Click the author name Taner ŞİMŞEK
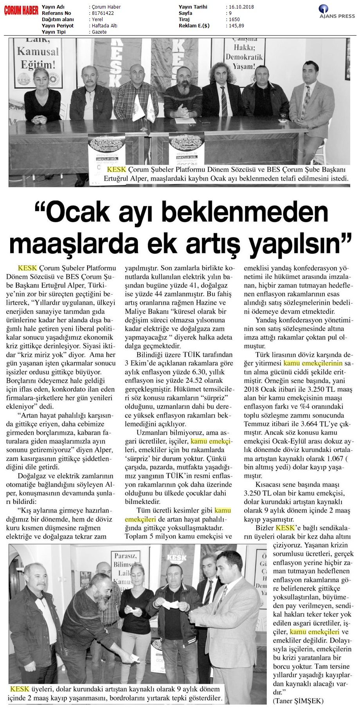tap(300, 700)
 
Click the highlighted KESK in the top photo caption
tap(104, 170)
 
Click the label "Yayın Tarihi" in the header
tap(193, 7)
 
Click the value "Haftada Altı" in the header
tap(104, 26)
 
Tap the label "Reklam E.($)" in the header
tap(194, 26)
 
